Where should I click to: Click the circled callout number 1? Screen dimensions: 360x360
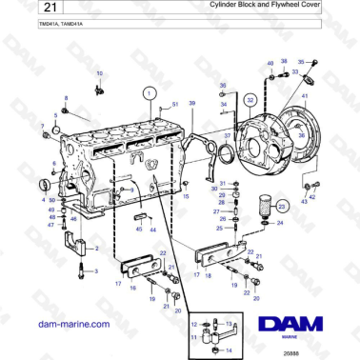click(148, 93)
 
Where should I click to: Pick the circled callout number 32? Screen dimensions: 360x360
click(250, 98)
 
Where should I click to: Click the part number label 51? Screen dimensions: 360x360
click(174, 104)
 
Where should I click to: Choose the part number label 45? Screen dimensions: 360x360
click(138, 230)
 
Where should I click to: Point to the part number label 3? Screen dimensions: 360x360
click(95, 271)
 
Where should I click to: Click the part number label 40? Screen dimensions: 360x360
click(270, 63)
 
